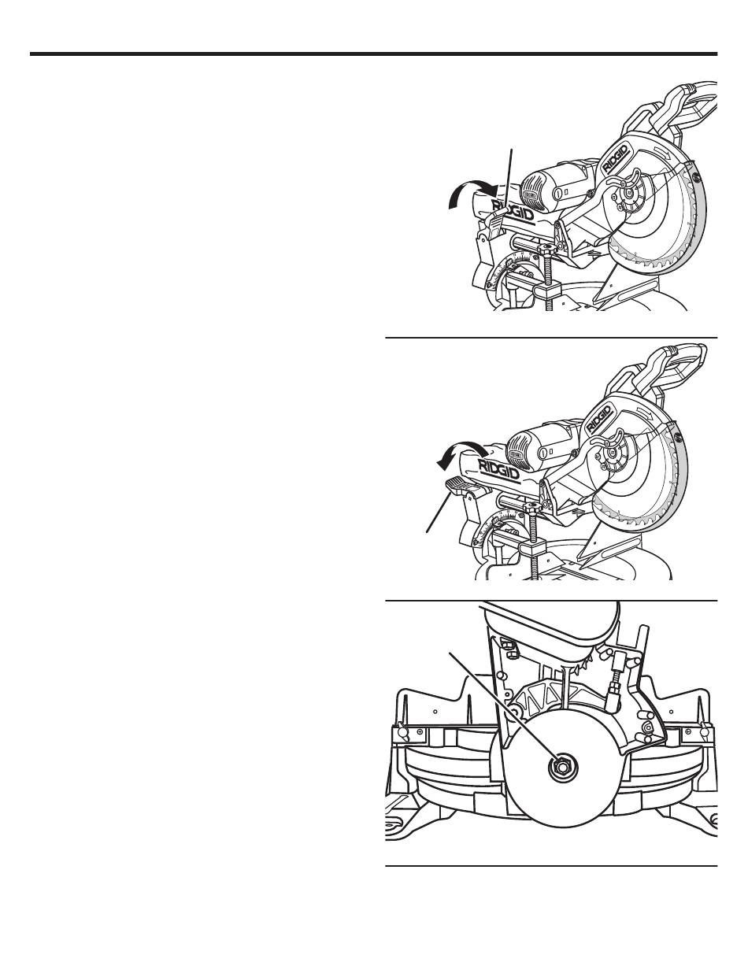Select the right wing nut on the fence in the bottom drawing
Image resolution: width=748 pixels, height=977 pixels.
(702, 733)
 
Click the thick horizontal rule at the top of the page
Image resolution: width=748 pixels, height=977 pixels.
(373, 54)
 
